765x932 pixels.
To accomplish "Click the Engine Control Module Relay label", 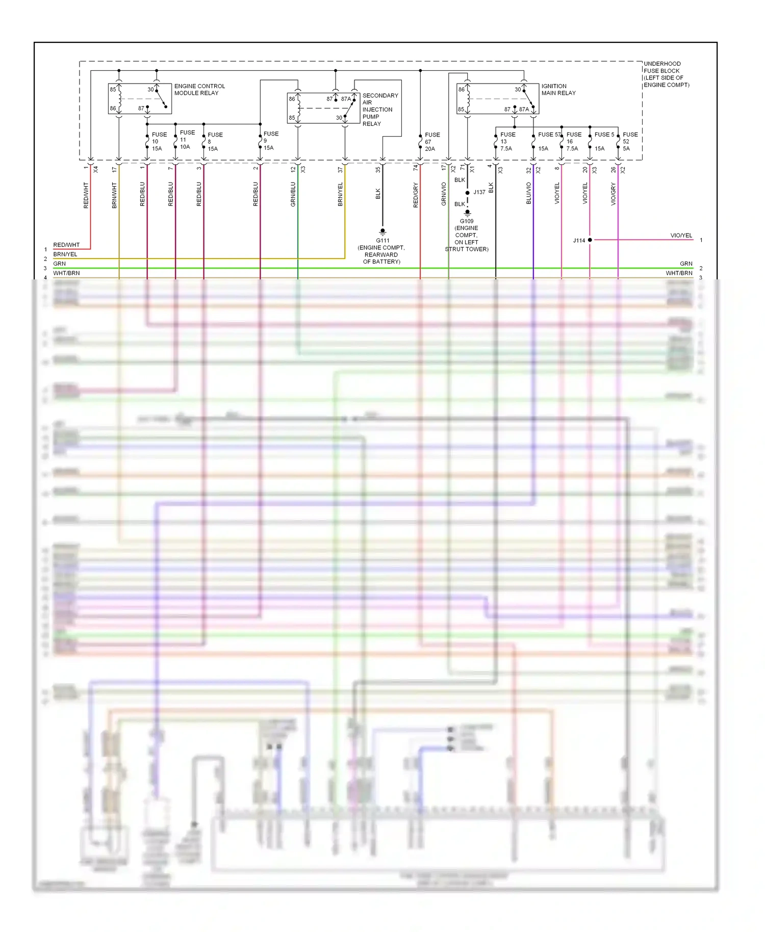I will point(199,90).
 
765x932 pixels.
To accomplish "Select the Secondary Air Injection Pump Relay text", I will point(380,110).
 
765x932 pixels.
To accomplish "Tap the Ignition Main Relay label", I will point(558,90).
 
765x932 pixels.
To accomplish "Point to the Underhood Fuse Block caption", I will point(666,74).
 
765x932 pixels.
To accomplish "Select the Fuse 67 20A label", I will point(431,142).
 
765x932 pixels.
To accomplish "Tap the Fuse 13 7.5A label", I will point(507,142).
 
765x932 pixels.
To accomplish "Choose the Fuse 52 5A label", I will point(629,142).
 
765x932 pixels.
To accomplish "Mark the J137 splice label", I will point(479,192).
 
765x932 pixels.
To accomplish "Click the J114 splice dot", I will point(590,240).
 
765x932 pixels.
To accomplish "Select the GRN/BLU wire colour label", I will point(293,194).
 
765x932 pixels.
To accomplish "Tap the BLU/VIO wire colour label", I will point(529,194).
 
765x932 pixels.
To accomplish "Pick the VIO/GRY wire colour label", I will point(614,194).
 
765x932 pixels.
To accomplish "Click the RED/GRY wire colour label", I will point(416,195).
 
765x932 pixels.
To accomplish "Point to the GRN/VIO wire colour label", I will point(444,194).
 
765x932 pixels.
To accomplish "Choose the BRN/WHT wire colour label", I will point(114,195).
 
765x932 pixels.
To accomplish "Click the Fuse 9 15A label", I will point(270,141).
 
